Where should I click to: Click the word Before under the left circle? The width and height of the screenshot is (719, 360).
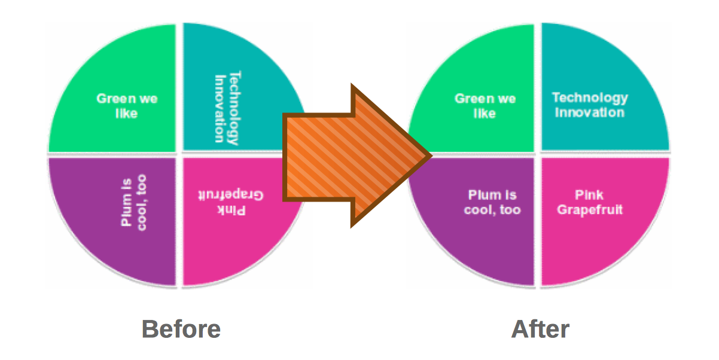(181, 329)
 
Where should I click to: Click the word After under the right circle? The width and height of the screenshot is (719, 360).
(540, 329)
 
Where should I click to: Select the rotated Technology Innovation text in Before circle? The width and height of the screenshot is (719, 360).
(227, 108)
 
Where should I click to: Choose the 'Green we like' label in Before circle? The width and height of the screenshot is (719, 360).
(127, 105)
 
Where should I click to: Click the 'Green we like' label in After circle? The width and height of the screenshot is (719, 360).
(485, 105)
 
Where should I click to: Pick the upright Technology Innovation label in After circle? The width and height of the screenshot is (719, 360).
(590, 105)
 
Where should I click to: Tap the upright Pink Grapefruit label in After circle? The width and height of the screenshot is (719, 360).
(590, 202)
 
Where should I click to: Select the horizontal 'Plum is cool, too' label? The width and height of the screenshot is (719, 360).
(492, 202)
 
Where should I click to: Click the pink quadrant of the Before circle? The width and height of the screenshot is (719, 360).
(239, 251)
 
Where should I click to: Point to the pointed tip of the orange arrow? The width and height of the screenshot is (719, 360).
(429, 157)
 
